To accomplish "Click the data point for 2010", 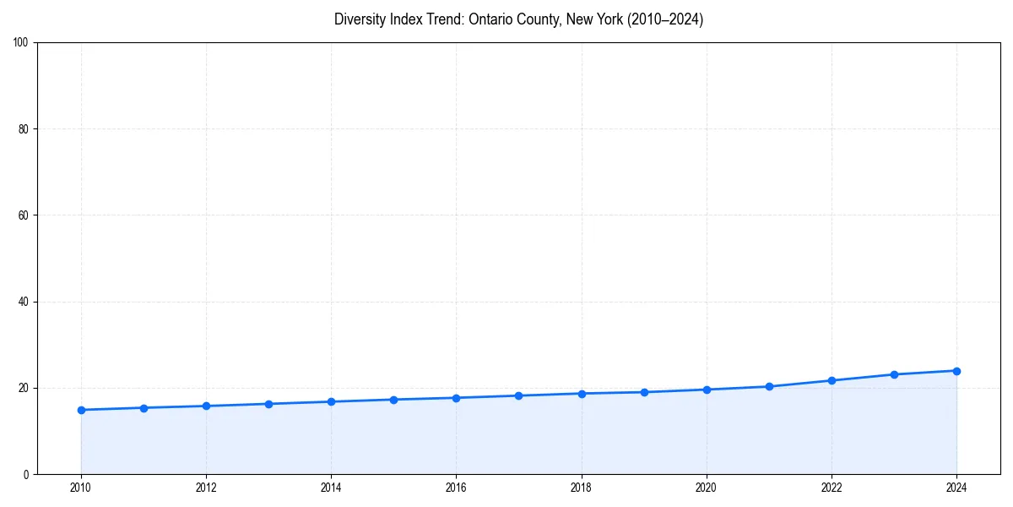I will [81, 410].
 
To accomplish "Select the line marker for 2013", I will [268, 404].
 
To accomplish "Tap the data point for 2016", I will [456, 398].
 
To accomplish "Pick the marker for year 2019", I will [644, 392].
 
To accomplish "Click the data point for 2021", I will [769, 386].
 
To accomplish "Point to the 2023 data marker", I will [894, 374].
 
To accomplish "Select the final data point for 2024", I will [956, 371].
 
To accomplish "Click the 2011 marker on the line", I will [144, 408].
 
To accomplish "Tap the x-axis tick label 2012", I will [206, 488].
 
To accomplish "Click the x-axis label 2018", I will [581, 488].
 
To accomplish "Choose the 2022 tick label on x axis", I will [832, 488].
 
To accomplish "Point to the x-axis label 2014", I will [331, 488].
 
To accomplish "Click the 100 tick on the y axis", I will [22, 43].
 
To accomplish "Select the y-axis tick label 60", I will [24, 215].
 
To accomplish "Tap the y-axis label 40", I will [24, 302].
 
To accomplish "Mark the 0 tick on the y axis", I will [27, 474].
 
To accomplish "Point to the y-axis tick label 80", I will [24, 129].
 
